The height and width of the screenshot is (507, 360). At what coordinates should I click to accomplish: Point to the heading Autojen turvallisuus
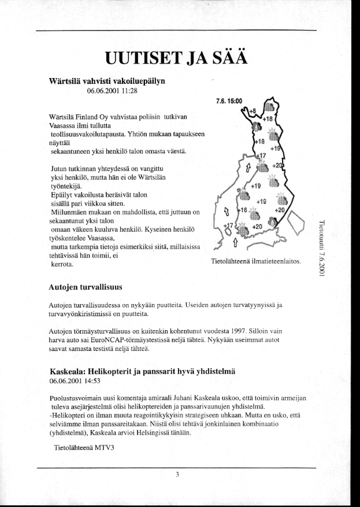tap(86, 286)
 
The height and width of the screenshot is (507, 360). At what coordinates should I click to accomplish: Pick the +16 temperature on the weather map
tap(243, 211)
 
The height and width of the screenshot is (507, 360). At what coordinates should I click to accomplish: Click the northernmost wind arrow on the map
tap(248, 168)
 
